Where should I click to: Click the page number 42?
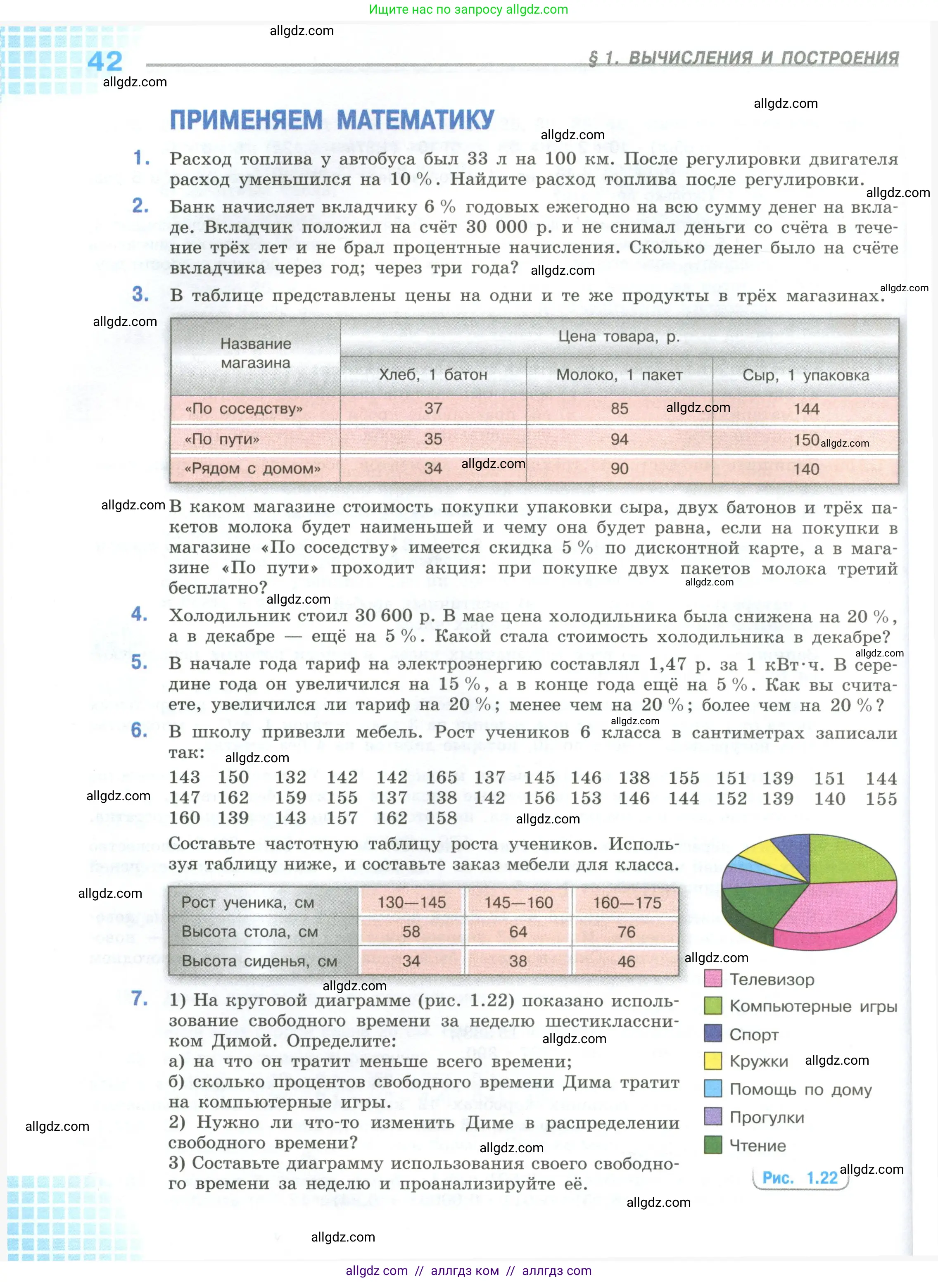(x=105, y=61)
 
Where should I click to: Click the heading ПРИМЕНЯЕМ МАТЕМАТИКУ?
(x=332, y=120)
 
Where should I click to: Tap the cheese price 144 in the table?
(x=806, y=409)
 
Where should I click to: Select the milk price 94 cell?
(x=619, y=439)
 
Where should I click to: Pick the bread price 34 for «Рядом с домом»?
(x=433, y=469)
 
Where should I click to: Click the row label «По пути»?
(x=222, y=439)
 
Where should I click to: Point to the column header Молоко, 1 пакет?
(x=619, y=375)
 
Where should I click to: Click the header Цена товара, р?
(x=619, y=336)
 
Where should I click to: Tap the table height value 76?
(x=626, y=932)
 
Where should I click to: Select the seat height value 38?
(x=518, y=961)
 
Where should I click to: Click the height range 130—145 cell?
(x=412, y=903)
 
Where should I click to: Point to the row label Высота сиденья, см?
(x=259, y=961)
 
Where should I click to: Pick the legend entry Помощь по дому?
(x=800, y=1089)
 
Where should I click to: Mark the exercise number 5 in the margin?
(x=140, y=662)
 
